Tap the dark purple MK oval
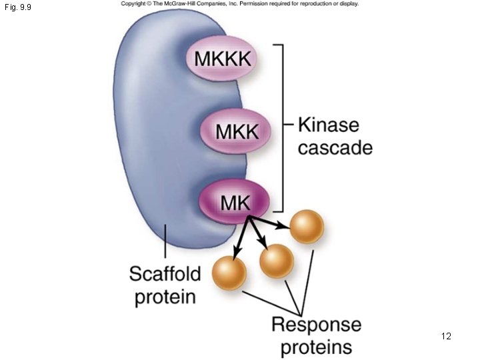235,201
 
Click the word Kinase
328,125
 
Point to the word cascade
335,147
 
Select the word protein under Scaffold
165,296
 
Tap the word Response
316,325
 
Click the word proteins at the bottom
316,347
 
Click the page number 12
446,336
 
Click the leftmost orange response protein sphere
229,273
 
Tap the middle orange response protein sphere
277,261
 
